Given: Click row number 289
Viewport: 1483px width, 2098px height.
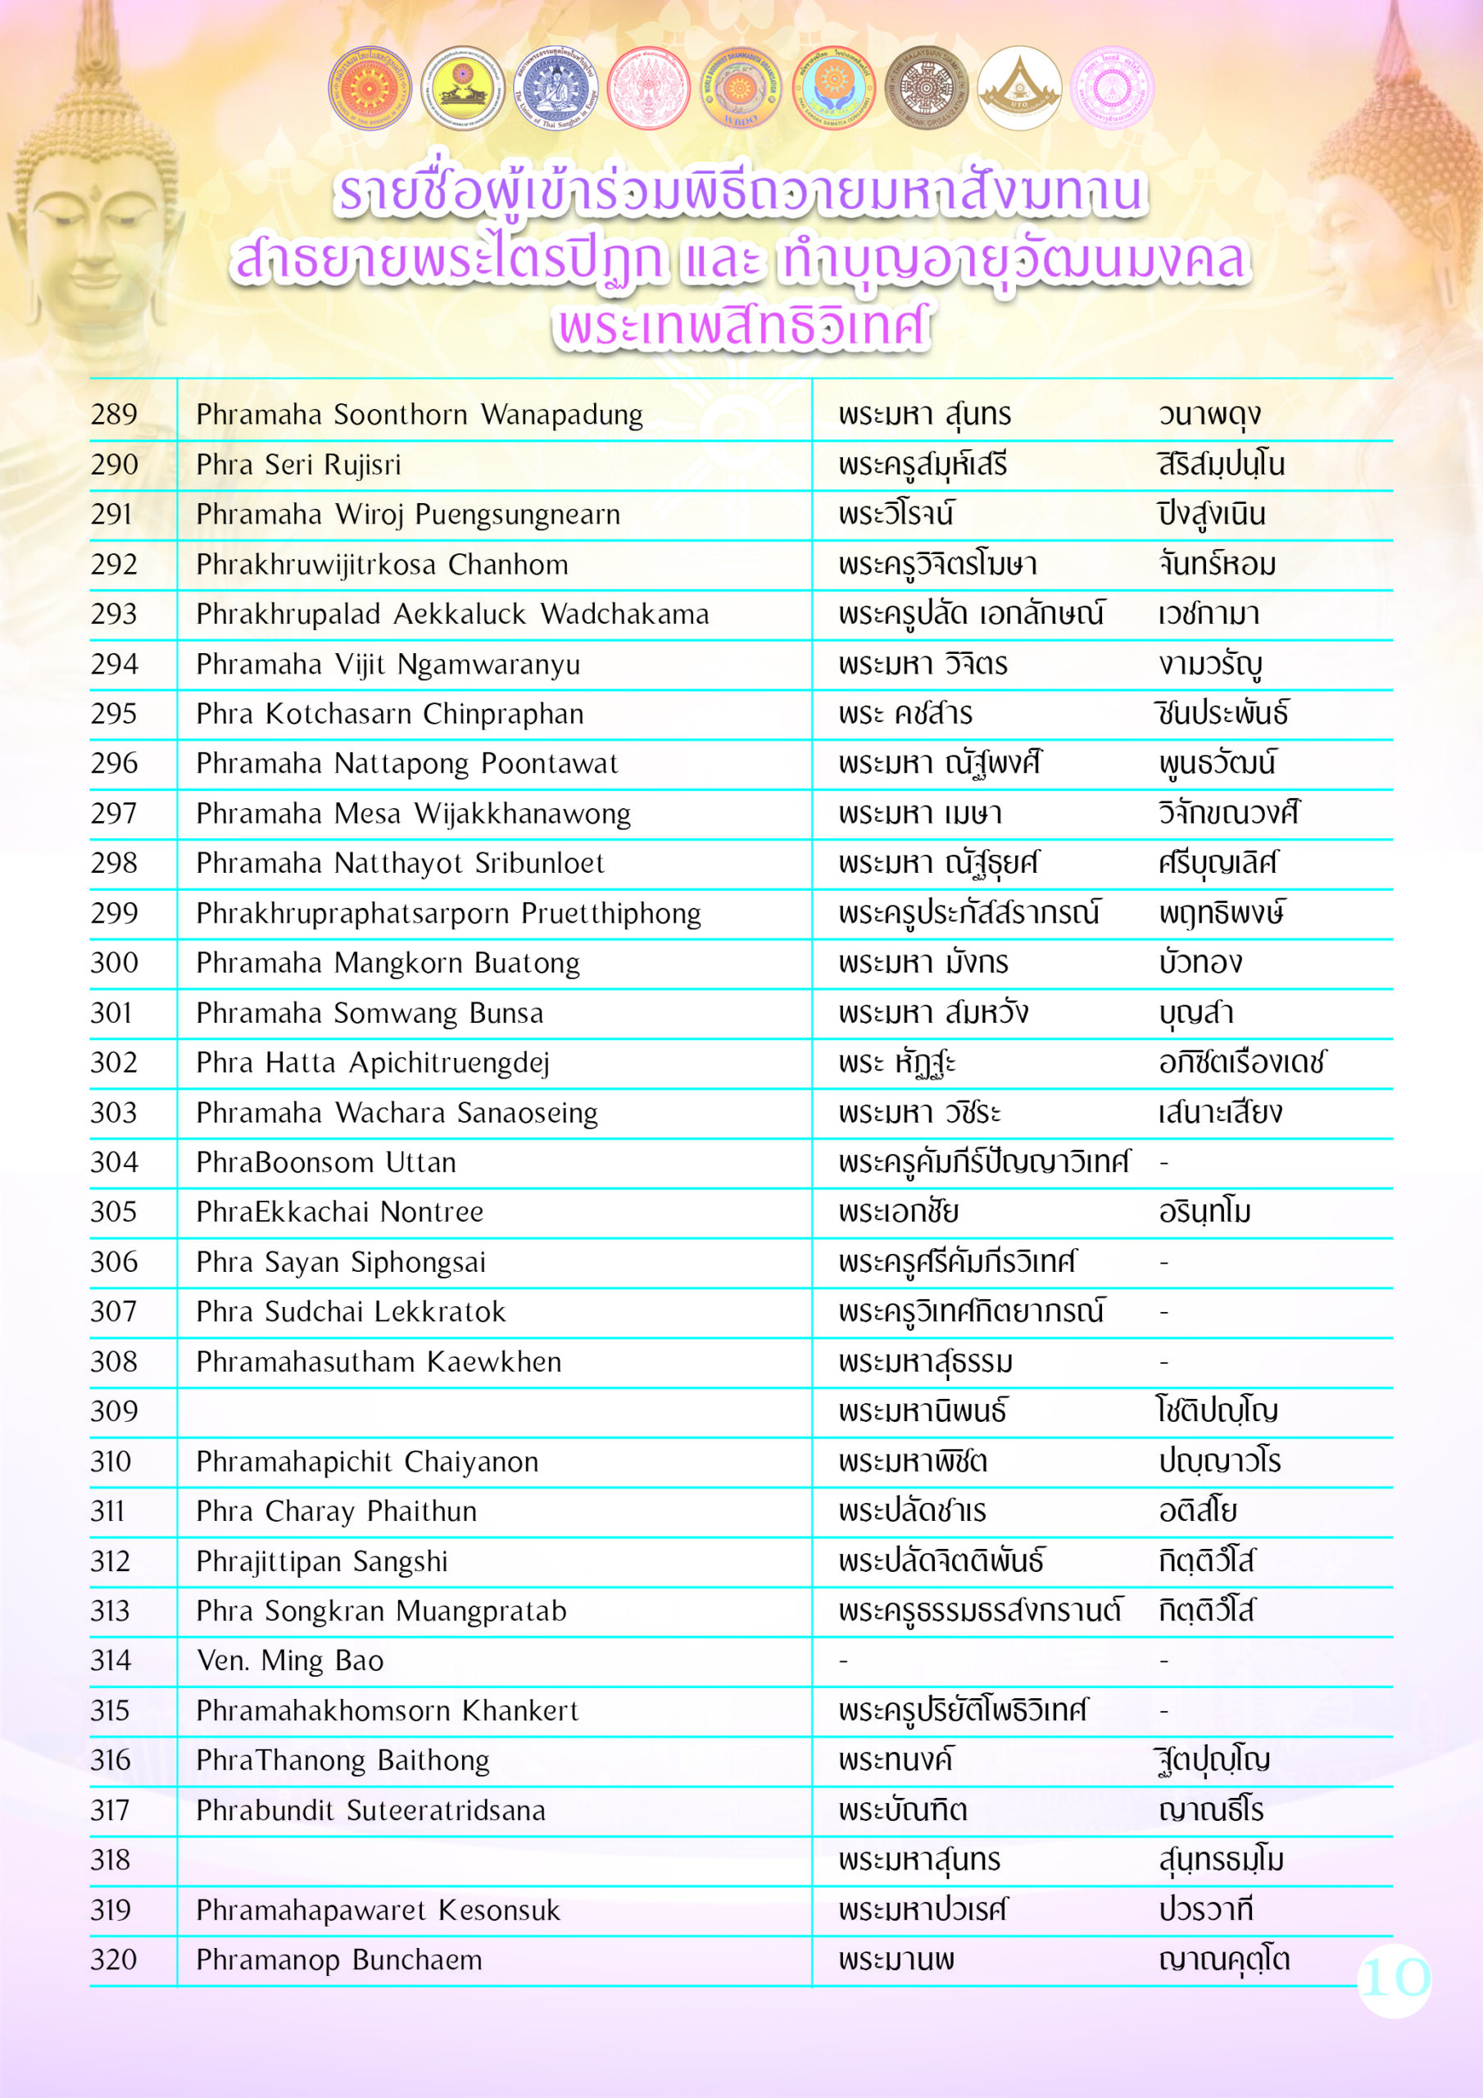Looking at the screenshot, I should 114,415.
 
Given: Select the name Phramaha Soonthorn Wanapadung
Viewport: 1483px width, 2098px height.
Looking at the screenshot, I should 420,415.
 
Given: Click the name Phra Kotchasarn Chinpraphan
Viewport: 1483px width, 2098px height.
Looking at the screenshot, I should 389,714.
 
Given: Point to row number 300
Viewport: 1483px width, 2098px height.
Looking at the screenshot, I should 114,962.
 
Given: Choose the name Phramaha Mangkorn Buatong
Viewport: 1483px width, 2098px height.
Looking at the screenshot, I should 388,963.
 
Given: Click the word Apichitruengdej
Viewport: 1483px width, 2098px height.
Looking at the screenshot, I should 449,1063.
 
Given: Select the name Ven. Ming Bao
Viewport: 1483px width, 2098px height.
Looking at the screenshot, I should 290,1660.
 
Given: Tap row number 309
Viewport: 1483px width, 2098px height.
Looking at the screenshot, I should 114,1411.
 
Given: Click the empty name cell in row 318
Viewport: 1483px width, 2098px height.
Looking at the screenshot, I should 493,1860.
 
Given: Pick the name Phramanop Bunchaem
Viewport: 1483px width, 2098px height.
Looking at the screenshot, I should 339,1959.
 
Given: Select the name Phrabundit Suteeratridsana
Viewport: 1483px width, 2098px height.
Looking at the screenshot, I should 370,1810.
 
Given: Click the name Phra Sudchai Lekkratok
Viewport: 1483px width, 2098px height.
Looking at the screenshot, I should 350,1311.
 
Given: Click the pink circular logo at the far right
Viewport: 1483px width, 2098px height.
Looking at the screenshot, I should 1111,89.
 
